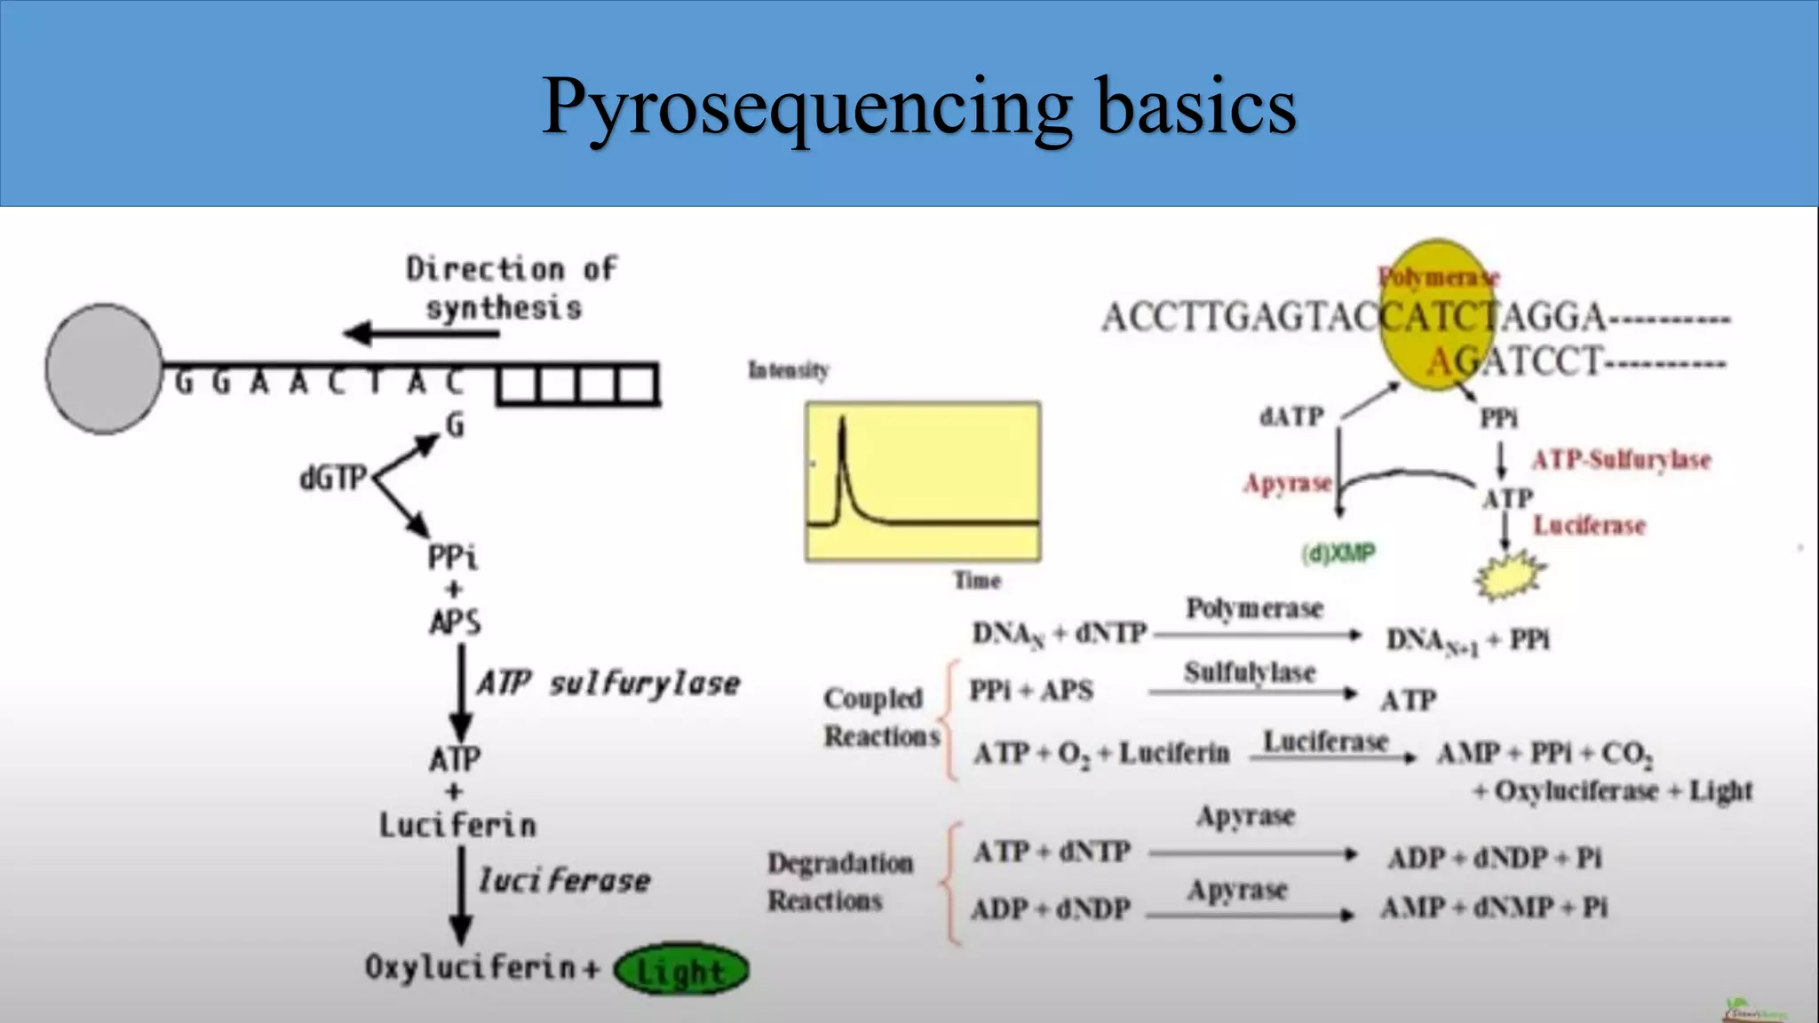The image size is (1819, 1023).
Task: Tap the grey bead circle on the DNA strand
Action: [104, 369]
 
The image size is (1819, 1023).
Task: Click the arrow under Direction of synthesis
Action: [422, 334]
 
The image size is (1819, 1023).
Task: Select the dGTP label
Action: [333, 479]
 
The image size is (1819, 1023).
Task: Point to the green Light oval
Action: [681, 971]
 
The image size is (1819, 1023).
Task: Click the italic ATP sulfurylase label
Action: [608, 684]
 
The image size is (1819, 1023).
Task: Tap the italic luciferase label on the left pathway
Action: [565, 881]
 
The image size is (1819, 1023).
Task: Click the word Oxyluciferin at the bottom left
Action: [471, 967]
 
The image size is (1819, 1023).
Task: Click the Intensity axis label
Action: [789, 369]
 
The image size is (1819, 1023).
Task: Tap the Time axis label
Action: [977, 581]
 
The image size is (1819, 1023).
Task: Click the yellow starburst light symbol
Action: [1509, 575]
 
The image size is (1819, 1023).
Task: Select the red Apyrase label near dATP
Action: [1287, 483]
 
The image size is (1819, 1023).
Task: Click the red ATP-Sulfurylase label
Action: [1621, 460]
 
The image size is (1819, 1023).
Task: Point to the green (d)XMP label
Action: [1338, 553]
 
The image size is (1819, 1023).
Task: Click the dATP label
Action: [1291, 416]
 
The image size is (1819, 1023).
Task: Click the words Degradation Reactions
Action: [838, 881]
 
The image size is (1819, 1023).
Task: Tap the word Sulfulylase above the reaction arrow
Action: [1249, 672]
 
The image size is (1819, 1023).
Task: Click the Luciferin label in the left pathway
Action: [457, 826]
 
